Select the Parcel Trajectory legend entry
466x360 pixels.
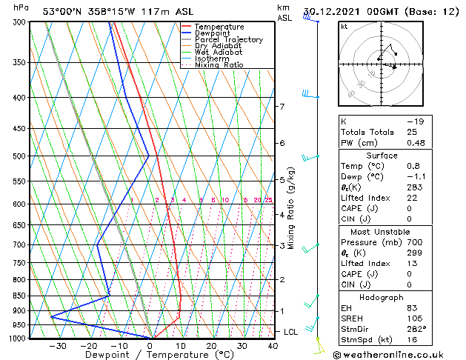(x=228, y=40)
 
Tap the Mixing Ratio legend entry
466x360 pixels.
(x=219, y=65)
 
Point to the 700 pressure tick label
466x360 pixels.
(x=20, y=244)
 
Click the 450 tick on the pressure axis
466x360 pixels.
(x=20, y=129)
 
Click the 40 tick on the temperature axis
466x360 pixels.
(x=273, y=346)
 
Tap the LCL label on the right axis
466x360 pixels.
(x=291, y=332)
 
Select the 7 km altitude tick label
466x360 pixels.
(x=282, y=107)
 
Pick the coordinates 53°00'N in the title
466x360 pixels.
(x=63, y=11)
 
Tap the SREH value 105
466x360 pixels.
(x=414, y=319)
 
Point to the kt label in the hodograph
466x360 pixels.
(x=344, y=27)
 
